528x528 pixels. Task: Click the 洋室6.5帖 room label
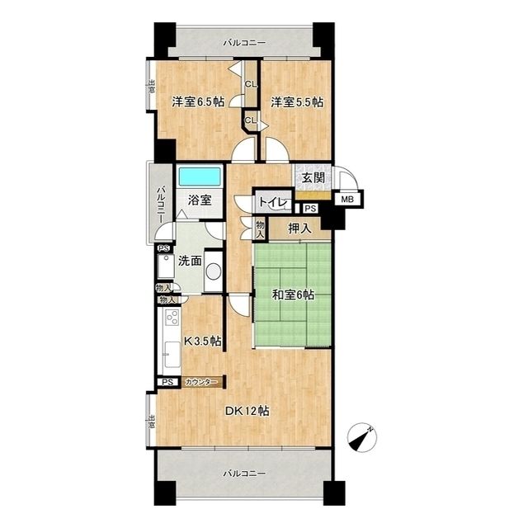(198, 101)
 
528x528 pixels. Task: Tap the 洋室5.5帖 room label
(297, 101)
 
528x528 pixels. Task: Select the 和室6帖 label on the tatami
(294, 295)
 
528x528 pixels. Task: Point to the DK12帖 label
(247, 411)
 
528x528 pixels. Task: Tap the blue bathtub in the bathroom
(200, 176)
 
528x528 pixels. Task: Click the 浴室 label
(200, 200)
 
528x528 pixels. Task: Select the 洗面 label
(190, 261)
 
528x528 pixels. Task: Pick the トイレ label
(273, 203)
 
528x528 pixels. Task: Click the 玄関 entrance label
(313, 178)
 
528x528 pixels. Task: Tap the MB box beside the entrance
(348, 200)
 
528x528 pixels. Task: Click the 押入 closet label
(299, 229)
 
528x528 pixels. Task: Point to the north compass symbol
(362, 437)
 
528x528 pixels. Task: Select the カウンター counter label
(200, 382)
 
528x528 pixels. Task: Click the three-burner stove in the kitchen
(172, 317)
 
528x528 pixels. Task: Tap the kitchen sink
(172, 355)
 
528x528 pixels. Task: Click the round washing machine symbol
(214, 271)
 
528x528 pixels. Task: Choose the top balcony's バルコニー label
(244, 43)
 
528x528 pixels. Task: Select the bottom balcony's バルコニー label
(244, 474)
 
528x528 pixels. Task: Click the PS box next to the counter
(167, 382)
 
